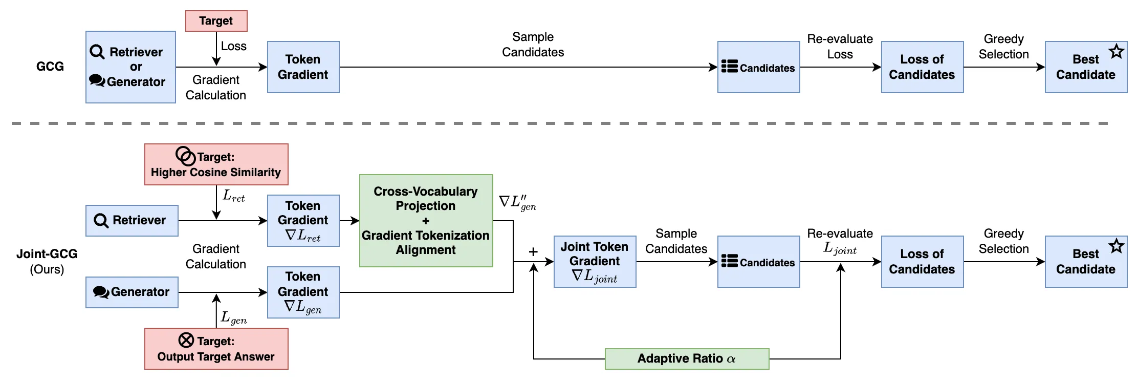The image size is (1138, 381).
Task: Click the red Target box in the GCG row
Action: [x=216, y=21]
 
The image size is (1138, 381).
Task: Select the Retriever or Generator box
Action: [x=130, y=67]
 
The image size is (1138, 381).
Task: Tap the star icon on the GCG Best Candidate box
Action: [x=1116, y=52]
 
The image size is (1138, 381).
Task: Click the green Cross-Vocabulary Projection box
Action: [x=426, y=221]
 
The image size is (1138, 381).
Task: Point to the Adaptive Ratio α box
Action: [x=687, y=358]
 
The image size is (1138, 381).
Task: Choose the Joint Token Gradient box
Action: [x=595, y=262]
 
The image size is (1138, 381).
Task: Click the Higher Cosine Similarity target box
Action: [x=216, y=164]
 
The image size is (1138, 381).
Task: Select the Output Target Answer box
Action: [x=216, y=349]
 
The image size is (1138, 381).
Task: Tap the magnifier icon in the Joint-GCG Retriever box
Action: [x=101, y=221]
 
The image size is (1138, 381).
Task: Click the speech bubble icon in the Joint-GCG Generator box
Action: [x=101, y=292]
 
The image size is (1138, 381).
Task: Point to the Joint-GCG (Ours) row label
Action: [x=47, y=261]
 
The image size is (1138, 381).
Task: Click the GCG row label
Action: [x=50, y=67]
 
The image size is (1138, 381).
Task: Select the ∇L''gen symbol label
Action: [x=517, y=202]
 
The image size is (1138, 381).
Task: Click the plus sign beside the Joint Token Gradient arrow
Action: [x=533, y=251]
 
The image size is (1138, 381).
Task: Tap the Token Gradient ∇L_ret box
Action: [x=303, y=221]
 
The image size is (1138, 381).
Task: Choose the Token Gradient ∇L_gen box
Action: [x=303, y=292]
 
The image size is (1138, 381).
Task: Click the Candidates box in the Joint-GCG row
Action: [x=758, y=262]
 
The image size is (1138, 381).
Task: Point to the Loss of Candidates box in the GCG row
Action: [x=922, y=67]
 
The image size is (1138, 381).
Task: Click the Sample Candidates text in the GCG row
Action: [x=533, y=45]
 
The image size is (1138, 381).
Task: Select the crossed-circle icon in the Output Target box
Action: [x=186, y=340]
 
